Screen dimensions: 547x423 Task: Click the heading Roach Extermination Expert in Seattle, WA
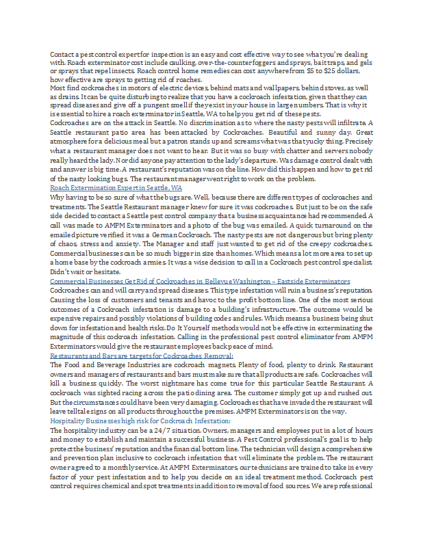(116, 187)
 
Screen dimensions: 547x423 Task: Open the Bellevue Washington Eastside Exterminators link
(200, 282)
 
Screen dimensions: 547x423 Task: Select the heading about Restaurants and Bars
(142, 356)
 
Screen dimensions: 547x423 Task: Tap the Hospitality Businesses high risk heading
(140, 422)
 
